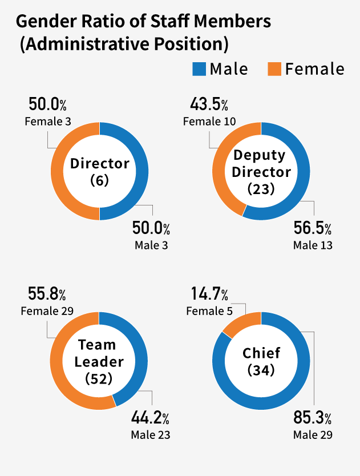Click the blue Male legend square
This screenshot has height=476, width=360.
point(199,69)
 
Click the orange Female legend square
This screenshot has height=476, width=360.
point(274,69)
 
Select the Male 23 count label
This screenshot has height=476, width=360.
point(151,434)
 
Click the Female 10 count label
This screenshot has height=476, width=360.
point(209,122)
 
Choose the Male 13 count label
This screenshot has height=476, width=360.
point(313,245)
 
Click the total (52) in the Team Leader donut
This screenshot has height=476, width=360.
point(99,378)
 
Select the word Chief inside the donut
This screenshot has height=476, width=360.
point(261,353)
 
